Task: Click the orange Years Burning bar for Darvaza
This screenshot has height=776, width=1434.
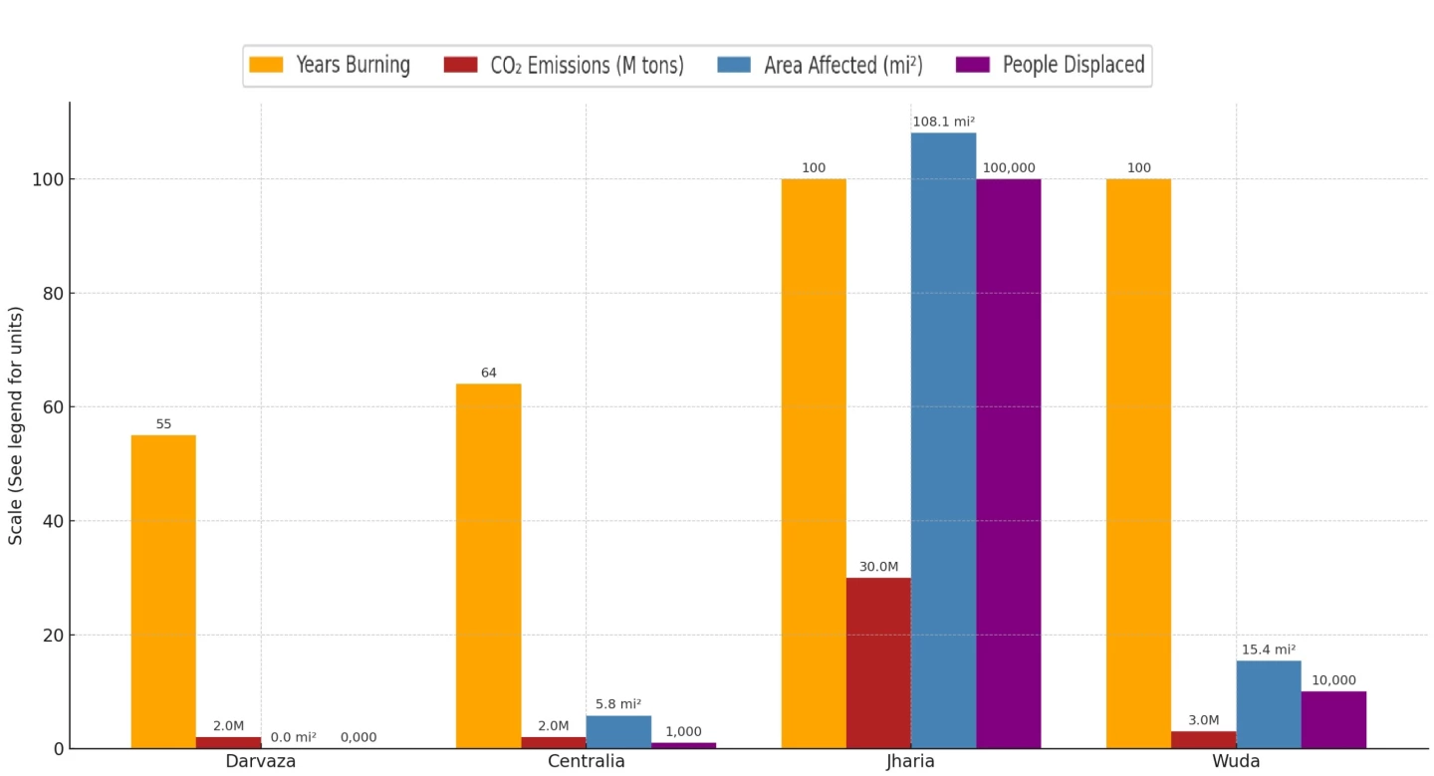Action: (163, 592)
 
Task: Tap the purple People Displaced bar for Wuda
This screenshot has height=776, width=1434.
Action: (1333, 719)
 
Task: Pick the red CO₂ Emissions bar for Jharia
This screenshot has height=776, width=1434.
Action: (878, 662)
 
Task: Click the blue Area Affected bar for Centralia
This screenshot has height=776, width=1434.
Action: (618, 732)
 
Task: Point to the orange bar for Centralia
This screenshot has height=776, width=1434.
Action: (488, 566)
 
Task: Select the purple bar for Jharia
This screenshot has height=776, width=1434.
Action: (1008, 463)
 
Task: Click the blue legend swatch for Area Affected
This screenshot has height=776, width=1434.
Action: (733, 66)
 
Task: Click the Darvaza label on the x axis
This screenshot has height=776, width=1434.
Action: (261, 762)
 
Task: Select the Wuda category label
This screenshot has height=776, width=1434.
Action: (1236, 762)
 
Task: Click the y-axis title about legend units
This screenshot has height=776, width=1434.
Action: (16, 425)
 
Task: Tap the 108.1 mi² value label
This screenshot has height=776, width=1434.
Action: (943, 122)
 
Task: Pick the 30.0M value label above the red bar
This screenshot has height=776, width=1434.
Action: (878, 567)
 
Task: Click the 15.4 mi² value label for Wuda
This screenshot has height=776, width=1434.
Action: (1268, 649)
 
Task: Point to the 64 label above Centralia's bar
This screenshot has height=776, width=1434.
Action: (488, 374)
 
